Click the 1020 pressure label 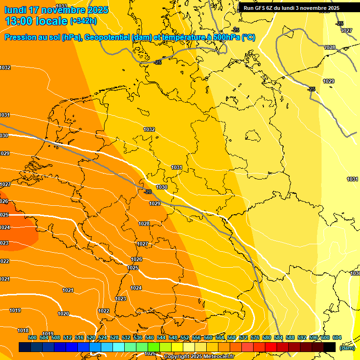[63, 314]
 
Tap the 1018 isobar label [23, 330]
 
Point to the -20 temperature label [148, 192]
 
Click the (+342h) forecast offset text [83, 21]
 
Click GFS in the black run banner [261, 8]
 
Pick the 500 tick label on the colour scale [32, 337]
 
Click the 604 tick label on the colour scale [337, 337]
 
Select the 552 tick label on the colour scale [185, 337]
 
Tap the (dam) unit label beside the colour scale [347, 348]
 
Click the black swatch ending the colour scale [330, 347]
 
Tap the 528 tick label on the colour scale [114, 337]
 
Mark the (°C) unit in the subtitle [248, 37]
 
